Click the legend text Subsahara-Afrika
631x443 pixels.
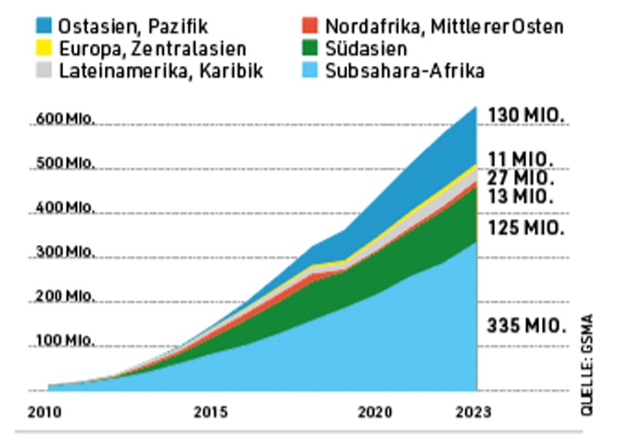click(406, 70)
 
